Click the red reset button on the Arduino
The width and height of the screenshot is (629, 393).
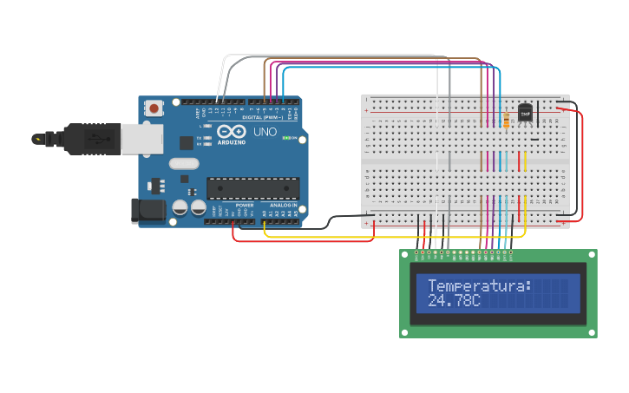(154, 108)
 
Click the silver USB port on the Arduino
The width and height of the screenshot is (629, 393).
(140, 139)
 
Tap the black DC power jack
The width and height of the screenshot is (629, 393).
(147, 210)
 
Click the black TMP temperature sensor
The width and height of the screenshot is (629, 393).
(525, 112)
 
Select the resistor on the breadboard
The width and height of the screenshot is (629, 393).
(506, 121)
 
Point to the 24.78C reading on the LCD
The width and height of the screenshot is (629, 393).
(454, 300)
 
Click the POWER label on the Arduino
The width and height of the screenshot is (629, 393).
(245, 206)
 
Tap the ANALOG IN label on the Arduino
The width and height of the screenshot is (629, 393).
(283, 206)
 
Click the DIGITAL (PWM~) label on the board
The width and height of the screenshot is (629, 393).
(263, 116)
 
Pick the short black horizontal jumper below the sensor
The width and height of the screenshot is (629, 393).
(534, 139)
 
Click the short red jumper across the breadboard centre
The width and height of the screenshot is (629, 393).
(520, 160)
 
